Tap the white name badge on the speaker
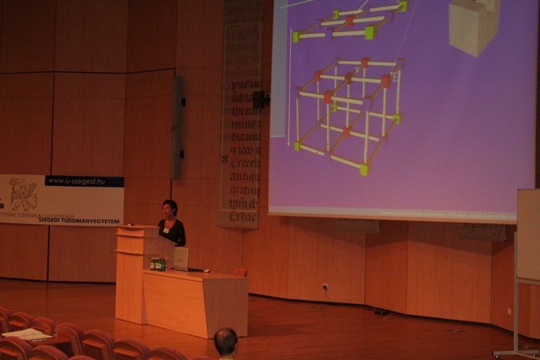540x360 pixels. pyautogui.click(x=166, y=230)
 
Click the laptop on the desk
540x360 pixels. pyautogui.click(x=181, y=258)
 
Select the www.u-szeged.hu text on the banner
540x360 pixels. pyautogui.click(x=85, y=181)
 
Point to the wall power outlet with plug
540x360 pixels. pyautogui.click(x=325, y=287)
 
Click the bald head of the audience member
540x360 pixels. pyautogui.click(x=226, y=341)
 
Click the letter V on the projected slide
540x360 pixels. pyautogui.click(x=357, y=70)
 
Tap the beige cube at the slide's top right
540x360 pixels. pyautogui.click(x=474, y=25)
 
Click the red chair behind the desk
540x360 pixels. pyautogui.click(x=240, y=272)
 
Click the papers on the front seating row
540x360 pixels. pyautogui.click(x=26, y=334)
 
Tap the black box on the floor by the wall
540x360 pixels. pyautogui.click(x=381, y=311)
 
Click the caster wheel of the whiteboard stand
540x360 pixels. pyautogui.click(x=497, y=354)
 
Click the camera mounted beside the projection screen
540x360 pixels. pyautogui.click(x=259, y=99)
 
